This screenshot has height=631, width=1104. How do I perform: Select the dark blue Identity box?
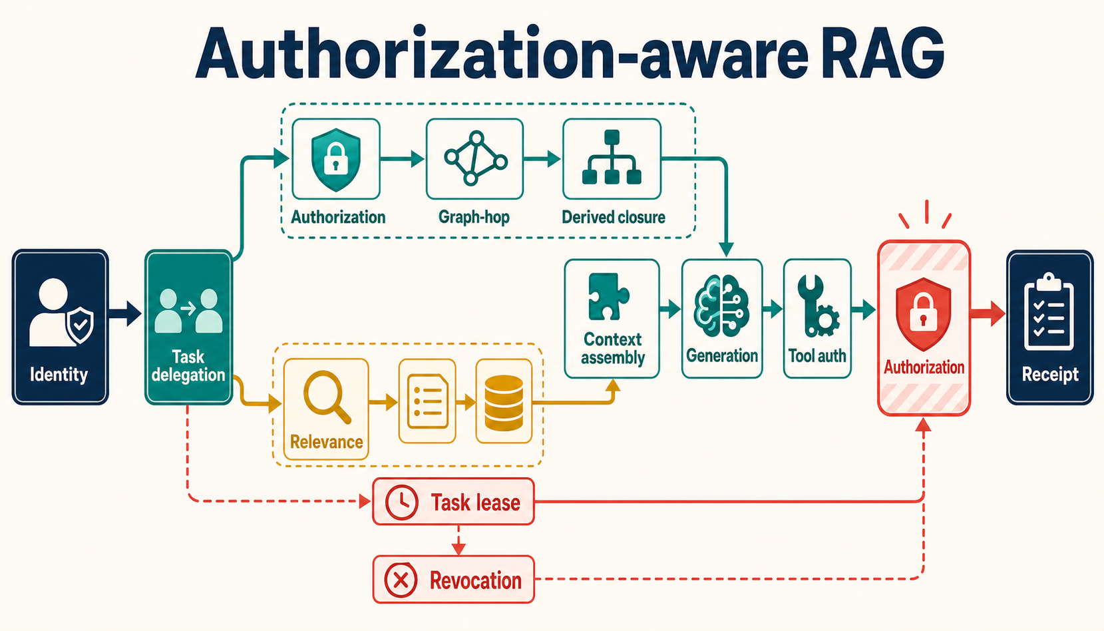click(60, 327)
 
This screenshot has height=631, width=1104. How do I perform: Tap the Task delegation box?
click(188, 327)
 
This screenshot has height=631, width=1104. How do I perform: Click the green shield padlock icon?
click(335, 160)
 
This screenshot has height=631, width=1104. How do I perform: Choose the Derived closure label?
click(613, 217)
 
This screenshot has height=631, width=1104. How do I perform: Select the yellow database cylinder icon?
click(504, 403)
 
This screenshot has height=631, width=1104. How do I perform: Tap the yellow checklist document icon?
click(427, 401)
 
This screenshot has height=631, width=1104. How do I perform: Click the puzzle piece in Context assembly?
click(608, 296)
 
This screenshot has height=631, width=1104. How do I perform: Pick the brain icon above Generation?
click(721, 306)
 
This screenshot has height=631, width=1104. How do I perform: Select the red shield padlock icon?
click(924, 314)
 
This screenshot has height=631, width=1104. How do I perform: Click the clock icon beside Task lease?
click(402, 503)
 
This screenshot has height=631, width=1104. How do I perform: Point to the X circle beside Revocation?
click(401, 580)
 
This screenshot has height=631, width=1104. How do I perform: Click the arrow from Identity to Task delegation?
click(125, 314)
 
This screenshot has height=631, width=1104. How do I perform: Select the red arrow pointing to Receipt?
click(988, 314)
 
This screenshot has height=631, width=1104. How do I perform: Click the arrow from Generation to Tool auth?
click(773, 309)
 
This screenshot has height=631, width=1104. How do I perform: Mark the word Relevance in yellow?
click(326, 442)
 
